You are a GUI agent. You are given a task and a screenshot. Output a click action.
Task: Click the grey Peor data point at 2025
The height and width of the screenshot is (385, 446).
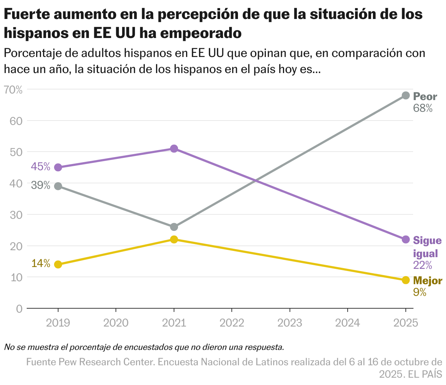(x=405, y=95)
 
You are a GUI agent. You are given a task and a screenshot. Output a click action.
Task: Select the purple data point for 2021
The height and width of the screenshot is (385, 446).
(x=174, y=149)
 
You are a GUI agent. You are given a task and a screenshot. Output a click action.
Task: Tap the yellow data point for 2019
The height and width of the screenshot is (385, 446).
(x=58, y=264)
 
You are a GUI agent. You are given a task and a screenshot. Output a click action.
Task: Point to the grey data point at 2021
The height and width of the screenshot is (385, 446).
(x=174, y=227)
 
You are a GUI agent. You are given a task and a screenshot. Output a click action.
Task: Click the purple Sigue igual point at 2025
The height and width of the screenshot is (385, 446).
(x=405, y=240)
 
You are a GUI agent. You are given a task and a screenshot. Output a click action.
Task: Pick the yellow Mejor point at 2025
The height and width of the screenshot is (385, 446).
(x=405, y=280)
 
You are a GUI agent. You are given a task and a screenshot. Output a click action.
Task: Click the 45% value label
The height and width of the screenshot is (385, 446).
(x=41, y=167)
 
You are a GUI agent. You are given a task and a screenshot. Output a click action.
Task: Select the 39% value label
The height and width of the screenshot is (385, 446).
(x=41, y=186)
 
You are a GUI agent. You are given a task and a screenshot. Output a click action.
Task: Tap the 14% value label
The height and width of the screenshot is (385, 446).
(x=41, y=264)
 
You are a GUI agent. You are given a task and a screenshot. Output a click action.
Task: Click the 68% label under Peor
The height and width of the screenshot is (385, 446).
(x=423, y=108)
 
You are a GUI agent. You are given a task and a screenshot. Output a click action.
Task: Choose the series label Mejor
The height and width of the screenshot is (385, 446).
(x=427, y=281)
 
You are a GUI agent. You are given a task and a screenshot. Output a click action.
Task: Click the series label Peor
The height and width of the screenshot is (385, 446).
(x=425, y=97)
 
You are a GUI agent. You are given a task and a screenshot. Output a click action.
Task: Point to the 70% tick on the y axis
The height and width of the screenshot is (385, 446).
(x=13, y=89)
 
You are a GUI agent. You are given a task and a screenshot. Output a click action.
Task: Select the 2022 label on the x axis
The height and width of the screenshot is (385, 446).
(x=232, y=323)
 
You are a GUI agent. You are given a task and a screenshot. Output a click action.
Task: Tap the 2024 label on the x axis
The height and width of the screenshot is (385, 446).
(x=347, y=323)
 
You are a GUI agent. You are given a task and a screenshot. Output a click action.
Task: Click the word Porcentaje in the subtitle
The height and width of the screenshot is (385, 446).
(x=32, y=53)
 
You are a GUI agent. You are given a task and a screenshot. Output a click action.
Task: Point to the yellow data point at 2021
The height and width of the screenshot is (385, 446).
(x=174, y=240)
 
